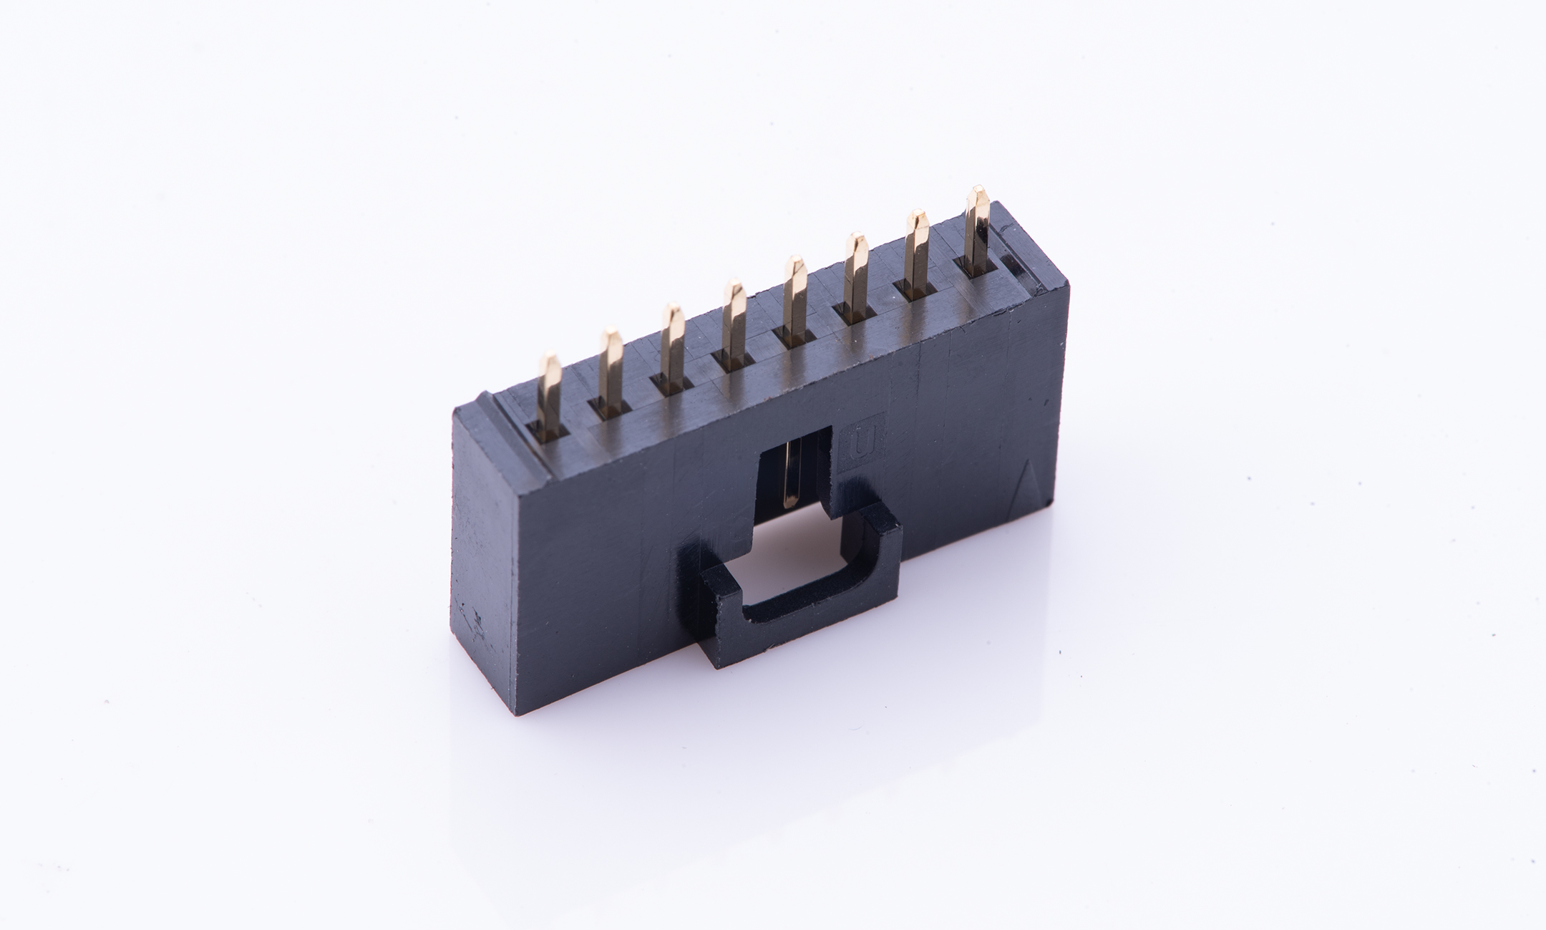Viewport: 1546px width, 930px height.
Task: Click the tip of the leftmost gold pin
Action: click(x=550, y=357)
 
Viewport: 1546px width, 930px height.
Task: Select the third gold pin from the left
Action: click(x=671, y=347)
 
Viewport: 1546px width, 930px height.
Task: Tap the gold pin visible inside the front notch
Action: click(x=793, y=473)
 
